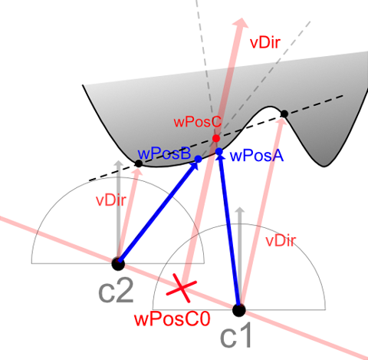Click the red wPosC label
coord(197,122)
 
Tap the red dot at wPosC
coord(216,138)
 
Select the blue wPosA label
coord(257,156)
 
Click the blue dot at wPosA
coord(219,151)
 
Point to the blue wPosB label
coord(164,154)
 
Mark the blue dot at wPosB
coord(199,159)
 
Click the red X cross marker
coord(182,288)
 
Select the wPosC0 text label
coord(172,319)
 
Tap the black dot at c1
coord(239,310)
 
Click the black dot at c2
coord(118,264)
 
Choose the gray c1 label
coord(235,335)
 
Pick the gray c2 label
coord(116,291)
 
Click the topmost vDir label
coord(265,43)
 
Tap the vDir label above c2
coord(111,200)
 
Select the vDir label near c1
coord(281,241)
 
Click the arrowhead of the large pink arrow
coord(241,22)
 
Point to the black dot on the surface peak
coord(284,114)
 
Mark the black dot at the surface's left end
coord(139,163)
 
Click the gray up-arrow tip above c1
coord(240,208)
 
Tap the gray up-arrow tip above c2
coord(118,161)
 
